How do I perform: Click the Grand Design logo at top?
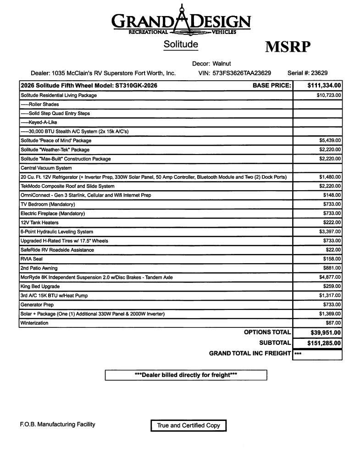click(x=181, y=21)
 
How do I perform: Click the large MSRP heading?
click(x=288, y=47)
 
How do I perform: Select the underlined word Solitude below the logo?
click(x=181, y=44)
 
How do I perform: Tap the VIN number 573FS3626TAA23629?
click(x=241, y=73)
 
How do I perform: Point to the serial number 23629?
click(x=319, y=73)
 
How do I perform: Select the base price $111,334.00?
click(x=324, y=85)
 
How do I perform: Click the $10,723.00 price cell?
click(x=328, y=95)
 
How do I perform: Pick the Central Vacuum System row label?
click(x=46, y=168)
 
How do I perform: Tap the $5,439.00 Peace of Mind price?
click(x=330, y=140)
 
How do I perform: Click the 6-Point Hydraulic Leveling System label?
click(x=57, y=232)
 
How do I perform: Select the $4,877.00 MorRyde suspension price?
click(x=330, y=277)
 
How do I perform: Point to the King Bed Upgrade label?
click(x=40, y=286)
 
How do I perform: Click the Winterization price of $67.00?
click(x=333, y=323)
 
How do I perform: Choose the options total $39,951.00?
click(x=324, y=333)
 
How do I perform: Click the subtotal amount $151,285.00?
click(x=324, y=343)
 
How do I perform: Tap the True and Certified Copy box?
click(x=188, y=425)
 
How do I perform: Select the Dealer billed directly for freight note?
click(x=186, y=375)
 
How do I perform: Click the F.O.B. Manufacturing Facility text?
click(x=58, y=425)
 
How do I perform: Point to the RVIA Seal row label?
click(x=31, y=259)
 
